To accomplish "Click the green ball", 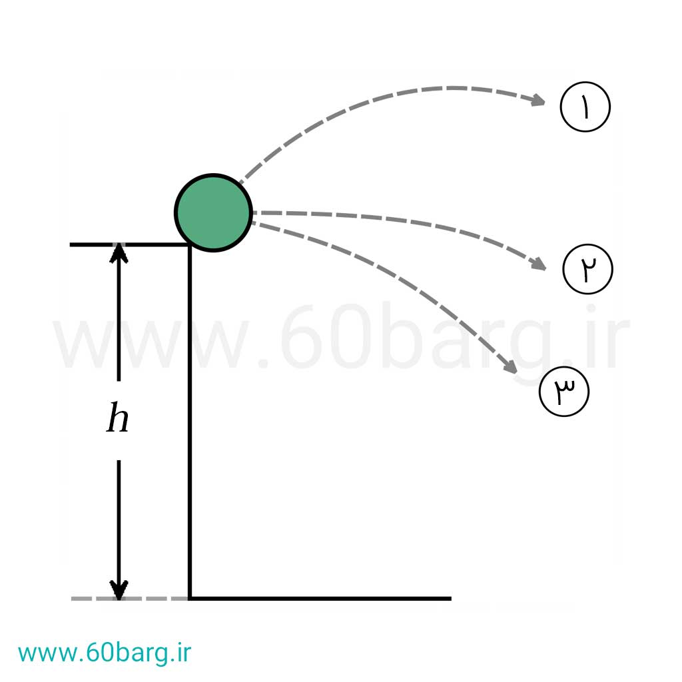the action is [213, 212].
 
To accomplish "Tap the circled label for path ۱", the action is [585, 107].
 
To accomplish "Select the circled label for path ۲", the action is [587, 269].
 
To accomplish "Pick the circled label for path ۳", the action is [563, 392].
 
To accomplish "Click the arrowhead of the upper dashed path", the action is [538, 101].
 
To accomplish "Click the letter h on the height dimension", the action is [117, 418].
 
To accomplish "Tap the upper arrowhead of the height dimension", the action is [119, 253].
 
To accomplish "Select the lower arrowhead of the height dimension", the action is [119, 590].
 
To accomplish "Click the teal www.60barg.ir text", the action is [105, 653].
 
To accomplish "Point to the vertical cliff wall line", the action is [190, 422].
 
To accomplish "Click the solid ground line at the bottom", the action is [320, 599].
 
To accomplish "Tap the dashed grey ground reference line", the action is [130, 599].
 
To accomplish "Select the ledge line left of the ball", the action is [130, 245].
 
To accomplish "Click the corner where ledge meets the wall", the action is [190, 245].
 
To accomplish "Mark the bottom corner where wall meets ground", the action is [190, 599].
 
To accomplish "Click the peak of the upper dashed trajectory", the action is [452, 89].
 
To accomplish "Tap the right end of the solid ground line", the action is [452, 599].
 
